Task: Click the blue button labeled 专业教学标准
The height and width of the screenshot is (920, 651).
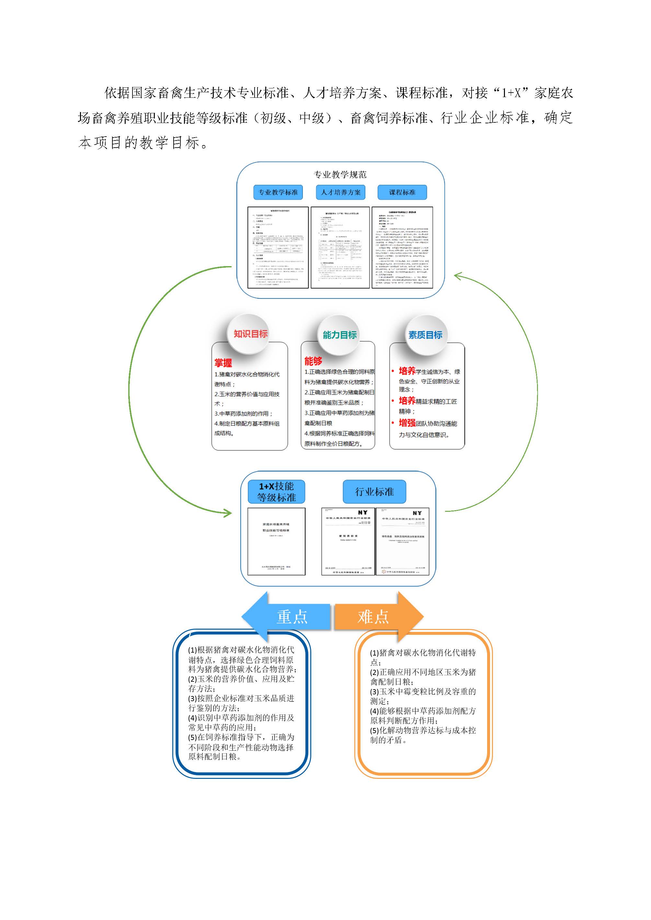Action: pyautogui.click(x=278, y=192)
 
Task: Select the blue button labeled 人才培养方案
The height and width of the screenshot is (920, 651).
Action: pyautogui.click(x=341, y=192)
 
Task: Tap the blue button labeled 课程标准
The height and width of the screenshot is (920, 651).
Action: pyautogui.click(x=402, y=192)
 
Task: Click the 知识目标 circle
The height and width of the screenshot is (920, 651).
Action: pyautogui.click(x=251, y=334)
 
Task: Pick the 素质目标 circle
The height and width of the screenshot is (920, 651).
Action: pyautogui.click(x=425, y=335)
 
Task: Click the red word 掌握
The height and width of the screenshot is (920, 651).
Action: pyautogui.click(x=223, y=363)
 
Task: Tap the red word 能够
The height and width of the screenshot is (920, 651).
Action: pyautogui.click(x=313, y=361)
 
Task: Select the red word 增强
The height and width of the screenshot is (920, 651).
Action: pyautogui.click(x=407, y=423)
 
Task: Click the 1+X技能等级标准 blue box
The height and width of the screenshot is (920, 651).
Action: pyautogui.click(x=277, y=492)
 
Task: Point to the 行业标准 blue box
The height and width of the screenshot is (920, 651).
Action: pyautogui.click(x=374, y=492)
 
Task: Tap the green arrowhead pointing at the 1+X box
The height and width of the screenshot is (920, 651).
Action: pyautogui.click(x=228, y=513)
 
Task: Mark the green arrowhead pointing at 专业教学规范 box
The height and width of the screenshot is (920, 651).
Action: pyautogui.click(x=459, y=276)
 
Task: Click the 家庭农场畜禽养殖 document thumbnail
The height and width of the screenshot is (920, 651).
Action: pyautogui.click(x=276, y=541)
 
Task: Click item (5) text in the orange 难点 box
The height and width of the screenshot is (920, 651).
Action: pyautogui.click(x=423, y=735)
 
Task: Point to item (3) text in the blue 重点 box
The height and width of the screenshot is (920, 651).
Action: pyautogui.click(x=241, y=703)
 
